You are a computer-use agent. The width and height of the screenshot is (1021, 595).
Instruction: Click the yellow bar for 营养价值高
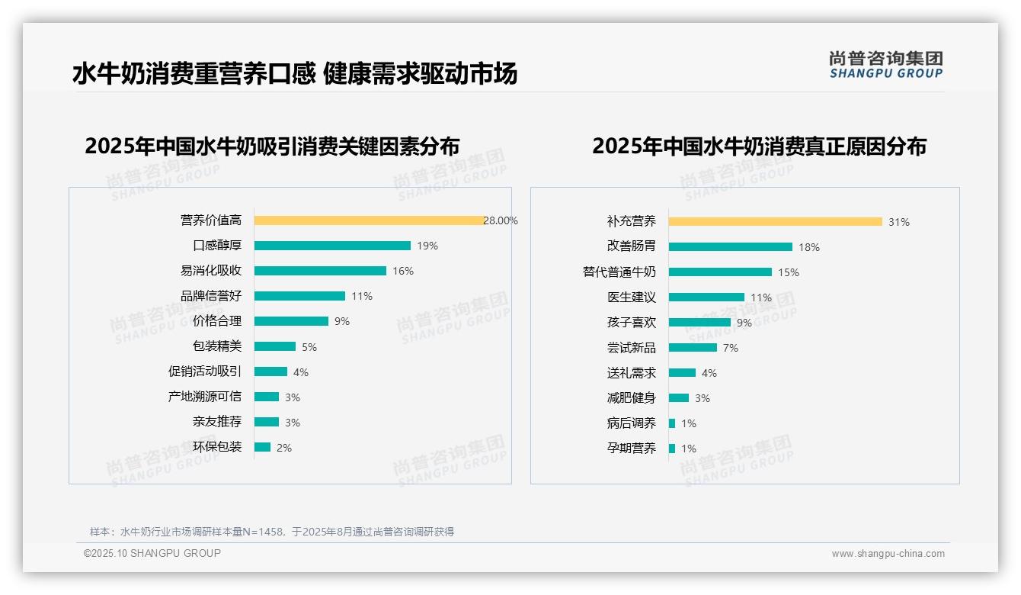click(369, 220)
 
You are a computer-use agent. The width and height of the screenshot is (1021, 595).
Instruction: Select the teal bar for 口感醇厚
click(332, 246)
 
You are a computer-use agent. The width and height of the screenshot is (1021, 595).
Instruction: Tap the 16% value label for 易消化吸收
click(403, 271)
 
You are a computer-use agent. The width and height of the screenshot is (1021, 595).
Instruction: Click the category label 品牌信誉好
click(211, 296)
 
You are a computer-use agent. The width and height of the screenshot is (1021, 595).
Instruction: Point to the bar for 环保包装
click(262, 447)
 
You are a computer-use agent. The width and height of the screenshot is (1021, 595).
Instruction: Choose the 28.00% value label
click(501, 220)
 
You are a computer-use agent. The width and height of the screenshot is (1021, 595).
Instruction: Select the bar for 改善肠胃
click(730, 247)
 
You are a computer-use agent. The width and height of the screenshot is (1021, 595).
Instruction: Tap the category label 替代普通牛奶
click(619, 272)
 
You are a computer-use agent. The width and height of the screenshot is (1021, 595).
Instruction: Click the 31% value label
click(899, 222)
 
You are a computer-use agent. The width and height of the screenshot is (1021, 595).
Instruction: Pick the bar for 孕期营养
click(672, 449)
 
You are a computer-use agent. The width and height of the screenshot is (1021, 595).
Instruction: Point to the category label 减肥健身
click(631, 398)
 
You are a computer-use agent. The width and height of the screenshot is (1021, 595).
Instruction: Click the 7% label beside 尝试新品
click(731, 348)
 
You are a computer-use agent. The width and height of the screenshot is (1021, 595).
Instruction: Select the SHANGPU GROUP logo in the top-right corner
click(885, 65)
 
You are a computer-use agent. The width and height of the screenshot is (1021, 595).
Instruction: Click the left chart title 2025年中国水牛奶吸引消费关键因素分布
click(272, 146)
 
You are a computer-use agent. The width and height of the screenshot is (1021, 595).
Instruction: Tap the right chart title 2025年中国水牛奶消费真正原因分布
click(759, 146)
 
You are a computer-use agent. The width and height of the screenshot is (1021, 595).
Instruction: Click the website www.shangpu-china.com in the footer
click(888, 554)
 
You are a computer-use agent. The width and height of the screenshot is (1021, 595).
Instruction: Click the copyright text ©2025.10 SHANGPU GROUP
click(152, 553)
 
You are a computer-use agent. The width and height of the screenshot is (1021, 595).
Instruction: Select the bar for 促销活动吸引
click(270, 371)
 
